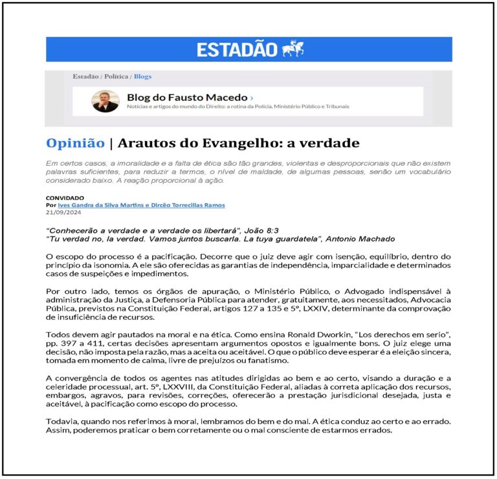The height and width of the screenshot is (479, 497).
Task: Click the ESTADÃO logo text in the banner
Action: (x=237, y=49)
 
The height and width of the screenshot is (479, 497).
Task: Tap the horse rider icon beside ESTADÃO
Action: (x=293, y=49)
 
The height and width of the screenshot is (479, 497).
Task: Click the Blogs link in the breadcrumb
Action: (x=142, y=76)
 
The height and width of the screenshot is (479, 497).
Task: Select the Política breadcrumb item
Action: (x=116, y=76)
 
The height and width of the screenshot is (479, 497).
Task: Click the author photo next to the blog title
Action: (x=105, y=101)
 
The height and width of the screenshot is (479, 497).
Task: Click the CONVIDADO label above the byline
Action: (x=65, y=197)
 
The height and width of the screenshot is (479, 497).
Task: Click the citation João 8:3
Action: (x=283, y=230)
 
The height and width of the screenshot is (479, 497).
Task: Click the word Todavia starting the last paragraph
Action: (x=63, y=421)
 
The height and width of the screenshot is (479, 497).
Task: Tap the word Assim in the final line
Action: (x=58, y=430)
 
